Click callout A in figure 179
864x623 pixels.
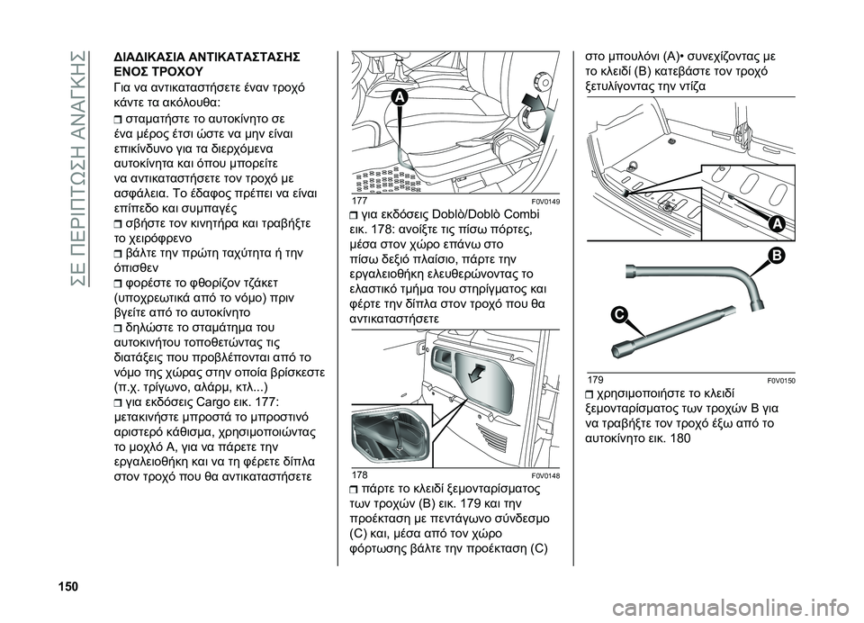(775, 222)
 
